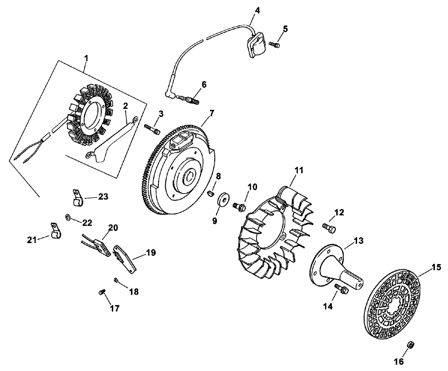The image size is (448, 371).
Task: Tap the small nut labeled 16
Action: (410, 345)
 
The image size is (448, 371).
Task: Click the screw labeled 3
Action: (152, 129)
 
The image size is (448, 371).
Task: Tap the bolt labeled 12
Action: (328, 226)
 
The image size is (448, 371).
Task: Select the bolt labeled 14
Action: (341, 290)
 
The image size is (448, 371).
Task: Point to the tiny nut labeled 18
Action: (117, 280)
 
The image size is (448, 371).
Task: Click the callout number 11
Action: (298, 170)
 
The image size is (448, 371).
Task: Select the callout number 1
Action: (86, 58)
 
